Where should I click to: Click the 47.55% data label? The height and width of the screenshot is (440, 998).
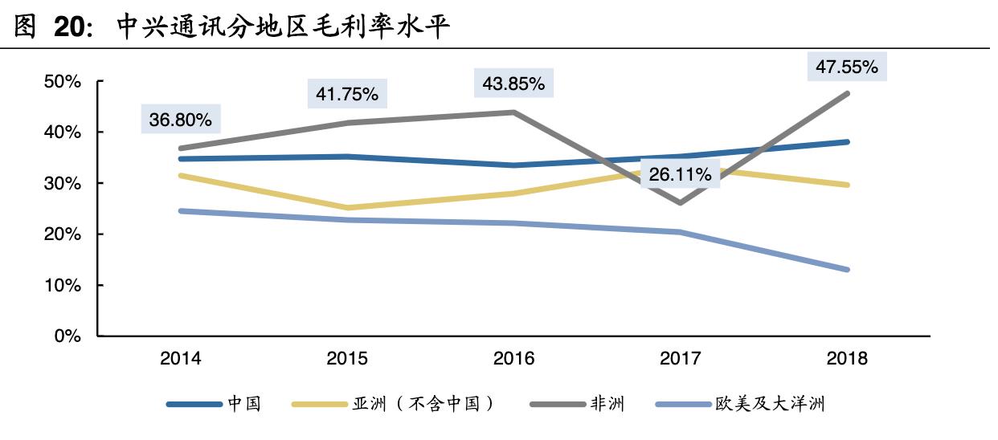coord(846,67)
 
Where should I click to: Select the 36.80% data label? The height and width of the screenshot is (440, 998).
coord(180,120)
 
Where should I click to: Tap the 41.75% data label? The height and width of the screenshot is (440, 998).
coord(346,94)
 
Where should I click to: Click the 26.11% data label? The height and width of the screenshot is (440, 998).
coord(680,173)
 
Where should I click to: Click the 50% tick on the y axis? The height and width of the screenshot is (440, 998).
coord(63,81)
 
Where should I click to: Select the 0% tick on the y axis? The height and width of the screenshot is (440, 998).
coord(67,336)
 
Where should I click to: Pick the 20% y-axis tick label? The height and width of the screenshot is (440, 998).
coord(63,234)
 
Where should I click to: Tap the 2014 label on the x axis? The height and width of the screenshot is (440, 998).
coord(180,358)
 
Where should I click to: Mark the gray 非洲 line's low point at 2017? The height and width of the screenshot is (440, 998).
coord(680,203)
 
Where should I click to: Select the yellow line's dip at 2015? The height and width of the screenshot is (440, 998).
coord(346,208)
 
